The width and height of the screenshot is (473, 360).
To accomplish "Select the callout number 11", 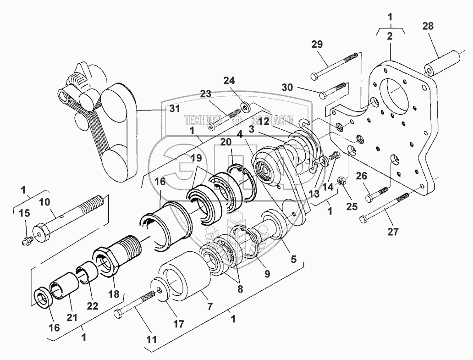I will [x=152, y=340].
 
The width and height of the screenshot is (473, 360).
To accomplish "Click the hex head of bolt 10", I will [x=43, y=234].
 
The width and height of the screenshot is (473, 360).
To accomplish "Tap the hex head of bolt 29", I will [x=315, y=76].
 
